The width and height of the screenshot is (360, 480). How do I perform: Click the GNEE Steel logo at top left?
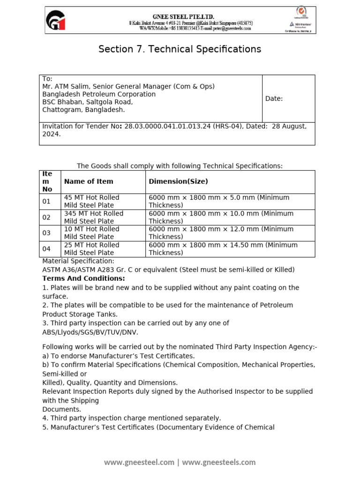click(56, 21)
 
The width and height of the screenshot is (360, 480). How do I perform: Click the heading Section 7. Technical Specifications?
click(180, 49)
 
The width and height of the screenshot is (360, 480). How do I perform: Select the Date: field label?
click(274, 98)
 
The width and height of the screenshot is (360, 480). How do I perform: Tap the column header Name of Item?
click(89, 181)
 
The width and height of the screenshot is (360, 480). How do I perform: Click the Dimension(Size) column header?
click(178, 181)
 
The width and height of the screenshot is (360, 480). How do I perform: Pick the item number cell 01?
click(46, 202)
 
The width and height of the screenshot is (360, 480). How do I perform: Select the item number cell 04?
click(46, 249)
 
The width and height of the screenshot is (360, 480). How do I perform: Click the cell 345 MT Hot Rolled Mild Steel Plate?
click(93, 217)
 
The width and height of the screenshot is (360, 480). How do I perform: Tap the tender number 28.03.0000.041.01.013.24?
click(167, 127)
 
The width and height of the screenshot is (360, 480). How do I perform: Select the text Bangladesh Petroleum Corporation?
click(99, 94)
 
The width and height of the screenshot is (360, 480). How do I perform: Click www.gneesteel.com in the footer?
click(139, 462)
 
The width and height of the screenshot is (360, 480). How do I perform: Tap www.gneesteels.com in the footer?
click(219, 462)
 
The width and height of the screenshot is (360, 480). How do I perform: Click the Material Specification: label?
click(78, 261)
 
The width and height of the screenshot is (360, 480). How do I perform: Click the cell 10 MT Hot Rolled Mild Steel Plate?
click(91, 233)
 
